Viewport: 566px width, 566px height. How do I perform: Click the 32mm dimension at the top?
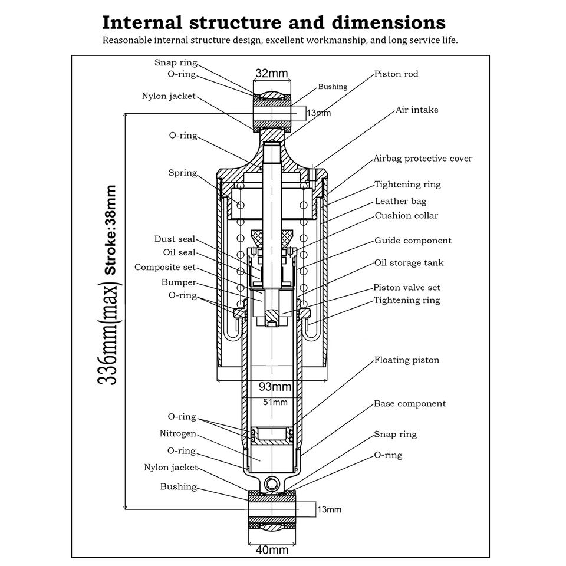pos(271,73)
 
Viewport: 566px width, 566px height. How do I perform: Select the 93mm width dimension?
pos(275,387)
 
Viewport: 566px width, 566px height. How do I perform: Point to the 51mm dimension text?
pos(275,402)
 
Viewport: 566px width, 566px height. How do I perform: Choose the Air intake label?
pos(417,110)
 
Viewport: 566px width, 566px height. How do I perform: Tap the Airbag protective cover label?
pos(423,159)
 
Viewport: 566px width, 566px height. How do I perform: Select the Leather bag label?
pos(401,201)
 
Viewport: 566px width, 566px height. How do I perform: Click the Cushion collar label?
pos(406,215)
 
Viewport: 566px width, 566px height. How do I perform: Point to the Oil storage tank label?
pos(409,263)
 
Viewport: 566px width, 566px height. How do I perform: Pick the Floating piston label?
pos(407,360)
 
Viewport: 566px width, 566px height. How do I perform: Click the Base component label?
pos(410,404)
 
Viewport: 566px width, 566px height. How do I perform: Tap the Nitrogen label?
pos(177,433)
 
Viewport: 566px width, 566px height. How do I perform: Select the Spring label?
pos(182,173)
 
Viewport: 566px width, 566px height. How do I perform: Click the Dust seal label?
pos(175,239)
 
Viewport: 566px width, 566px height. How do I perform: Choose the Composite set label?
pos(164,267)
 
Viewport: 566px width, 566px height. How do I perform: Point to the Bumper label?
pos(179,282)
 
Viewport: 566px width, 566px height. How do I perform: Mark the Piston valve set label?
pos(407,288)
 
